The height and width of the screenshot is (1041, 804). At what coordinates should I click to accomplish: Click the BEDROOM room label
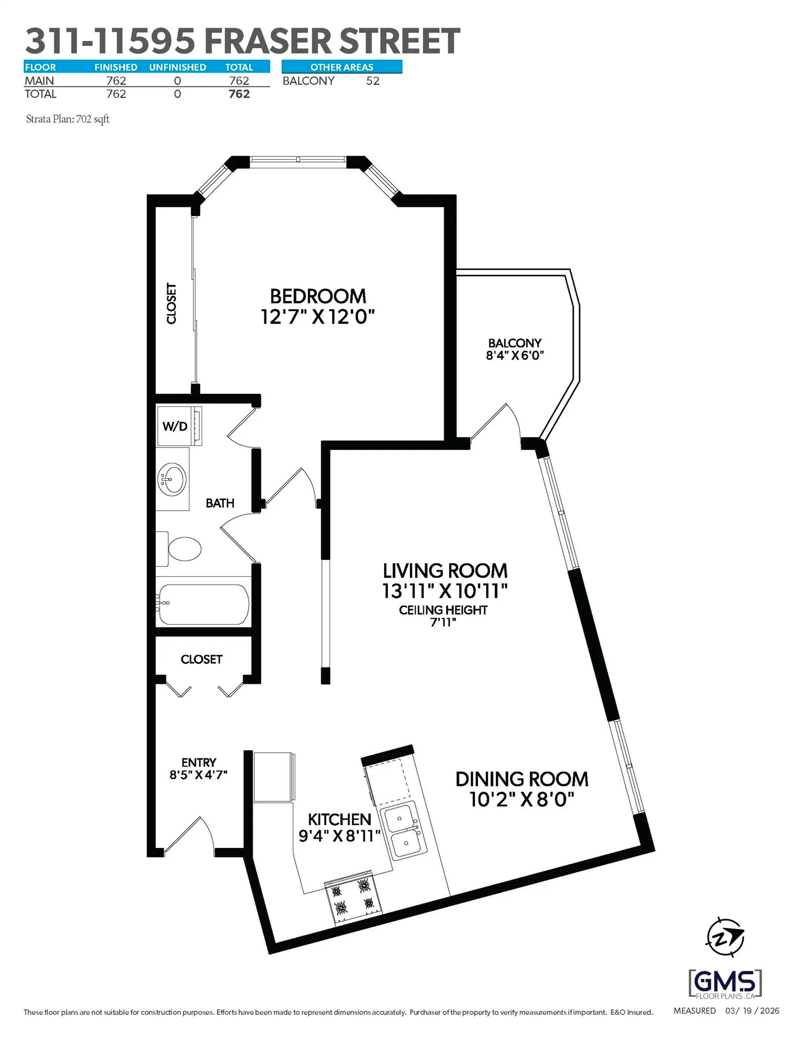[x=318, y=296]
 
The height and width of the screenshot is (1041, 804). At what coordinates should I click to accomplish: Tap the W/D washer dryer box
[x=175, y=426]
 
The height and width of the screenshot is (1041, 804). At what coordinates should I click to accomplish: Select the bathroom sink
[x=173, y=479]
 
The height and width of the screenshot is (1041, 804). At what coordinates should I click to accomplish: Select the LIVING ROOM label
[x=445, y=571]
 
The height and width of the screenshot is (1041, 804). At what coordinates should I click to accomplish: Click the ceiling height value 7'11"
[x=443, y=622]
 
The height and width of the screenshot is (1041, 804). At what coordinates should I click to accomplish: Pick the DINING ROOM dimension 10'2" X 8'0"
[x=522, y=799]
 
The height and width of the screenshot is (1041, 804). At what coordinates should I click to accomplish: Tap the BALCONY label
[x=515, y=343]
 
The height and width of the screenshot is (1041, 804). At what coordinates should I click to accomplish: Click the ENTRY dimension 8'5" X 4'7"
[x=198, y=775]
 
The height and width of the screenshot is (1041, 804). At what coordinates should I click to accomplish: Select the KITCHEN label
[x=339, y=819]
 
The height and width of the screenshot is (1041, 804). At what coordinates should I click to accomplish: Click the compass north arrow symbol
[x=724, y=937]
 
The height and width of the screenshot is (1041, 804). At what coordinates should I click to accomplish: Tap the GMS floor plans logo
[x=725, y=983]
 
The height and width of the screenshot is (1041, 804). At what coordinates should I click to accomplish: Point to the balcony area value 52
[x=373, y=81]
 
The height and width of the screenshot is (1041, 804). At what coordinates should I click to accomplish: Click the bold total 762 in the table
[x=239, y=94]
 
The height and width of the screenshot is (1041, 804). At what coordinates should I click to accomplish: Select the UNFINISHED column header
[x=177, y=67]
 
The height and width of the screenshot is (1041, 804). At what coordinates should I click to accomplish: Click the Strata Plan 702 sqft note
[x=68, y=119]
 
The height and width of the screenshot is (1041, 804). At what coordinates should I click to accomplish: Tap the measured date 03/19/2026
[x=752, y=1011]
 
